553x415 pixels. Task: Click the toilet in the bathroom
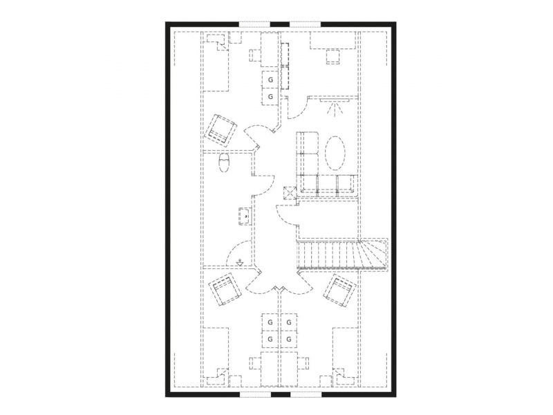click(224, 163)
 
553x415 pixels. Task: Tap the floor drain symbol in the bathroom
click(240, 262)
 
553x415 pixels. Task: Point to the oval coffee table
click(335, 153)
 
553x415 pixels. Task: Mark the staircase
click(342, 254)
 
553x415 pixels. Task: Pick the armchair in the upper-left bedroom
click(221, 130)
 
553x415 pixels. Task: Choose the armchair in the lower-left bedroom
click(225, 288)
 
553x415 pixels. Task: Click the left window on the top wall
click(254, 24)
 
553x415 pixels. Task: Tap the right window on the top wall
click(306, 24)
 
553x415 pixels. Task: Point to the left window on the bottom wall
click(255, 394)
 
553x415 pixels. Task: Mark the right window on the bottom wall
click(306, 394)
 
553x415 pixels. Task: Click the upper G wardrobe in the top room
click(270, 80)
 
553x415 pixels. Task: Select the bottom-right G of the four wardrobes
click(289, 340)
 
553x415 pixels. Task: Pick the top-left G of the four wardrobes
click(270, 322)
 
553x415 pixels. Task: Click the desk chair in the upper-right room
click(333, 57)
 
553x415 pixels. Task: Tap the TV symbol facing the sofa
click(334, 107)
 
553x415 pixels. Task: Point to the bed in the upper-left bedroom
click(216, 62)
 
